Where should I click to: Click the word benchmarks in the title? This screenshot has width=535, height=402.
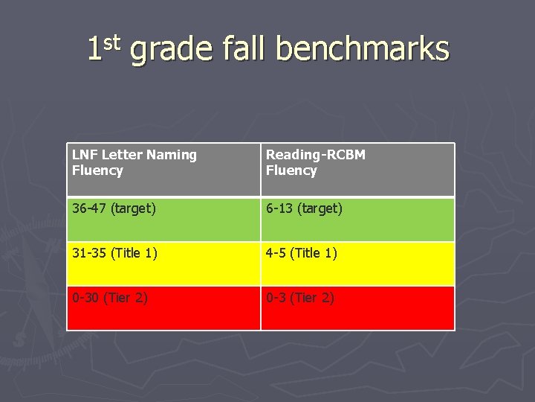tap(363, 50)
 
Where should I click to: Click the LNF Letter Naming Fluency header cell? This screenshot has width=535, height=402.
tap(163, 170)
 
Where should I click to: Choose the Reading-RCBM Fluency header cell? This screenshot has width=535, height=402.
tap(357, 170)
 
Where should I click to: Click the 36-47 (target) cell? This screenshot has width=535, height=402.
tap(163, 219)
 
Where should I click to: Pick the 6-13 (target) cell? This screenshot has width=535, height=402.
tap(357, 219)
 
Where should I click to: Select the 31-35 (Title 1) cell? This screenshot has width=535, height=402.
tap(163, 264)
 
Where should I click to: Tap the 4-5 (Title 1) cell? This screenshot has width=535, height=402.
tap(357, 264)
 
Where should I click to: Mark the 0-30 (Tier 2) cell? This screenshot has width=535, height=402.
tap(163, 308)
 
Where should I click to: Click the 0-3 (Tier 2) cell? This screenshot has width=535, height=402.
tap(357, 308)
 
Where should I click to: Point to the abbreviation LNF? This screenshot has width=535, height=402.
tap(85, 155)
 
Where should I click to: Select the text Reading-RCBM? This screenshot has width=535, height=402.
tap(316, 155)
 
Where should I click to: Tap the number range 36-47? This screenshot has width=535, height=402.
tap(89, 208)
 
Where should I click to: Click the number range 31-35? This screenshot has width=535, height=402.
tap(89, 253)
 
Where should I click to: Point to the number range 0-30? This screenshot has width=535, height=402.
tap(85, 298)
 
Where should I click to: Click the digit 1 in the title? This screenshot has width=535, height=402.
tap(94, 50)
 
